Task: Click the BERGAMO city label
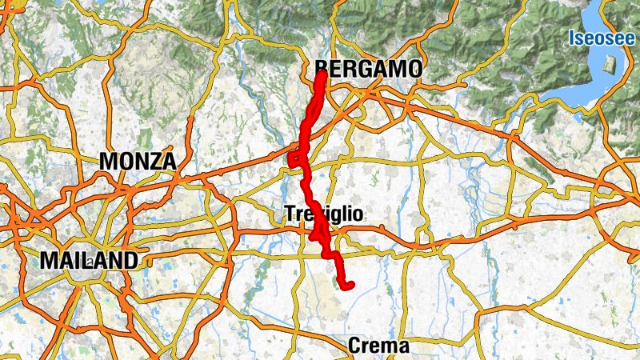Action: pos(369,70)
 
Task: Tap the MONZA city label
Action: pos(138,161)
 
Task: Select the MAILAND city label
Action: pos(89,260)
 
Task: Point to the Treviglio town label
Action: pos(323,214)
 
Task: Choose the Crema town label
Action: pos(378,346)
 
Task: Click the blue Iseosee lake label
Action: pos(602,37)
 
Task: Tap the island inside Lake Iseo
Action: pos(610,68)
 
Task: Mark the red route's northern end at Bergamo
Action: pos(321,74)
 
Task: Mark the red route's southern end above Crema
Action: pos(350,285)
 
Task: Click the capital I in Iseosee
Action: pos(571,37)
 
